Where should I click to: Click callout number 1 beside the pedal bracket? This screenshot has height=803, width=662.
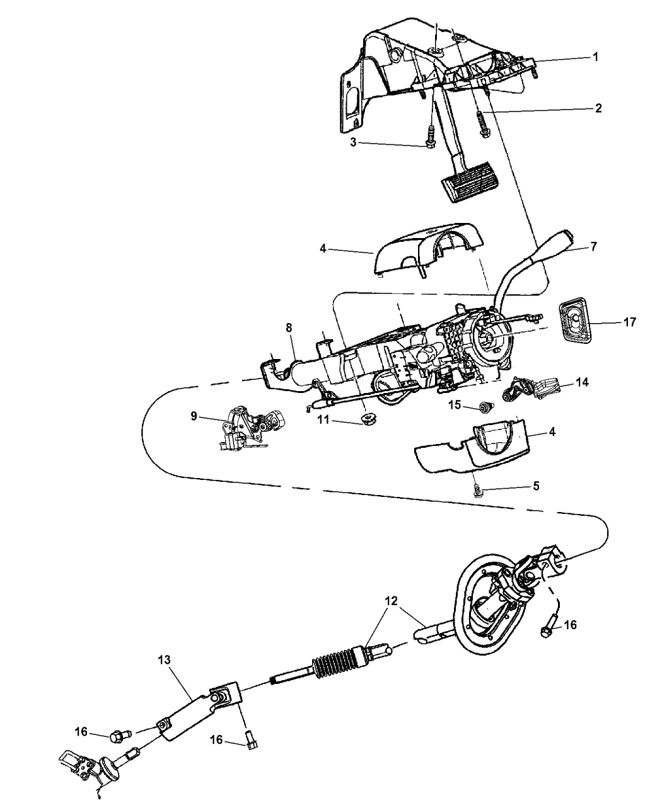pos(595,57)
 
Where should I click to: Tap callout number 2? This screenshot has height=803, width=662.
pos(598,108)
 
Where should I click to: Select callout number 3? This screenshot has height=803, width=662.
pos(353,143)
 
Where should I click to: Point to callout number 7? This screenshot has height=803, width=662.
pos(593,246)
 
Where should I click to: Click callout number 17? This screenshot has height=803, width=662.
pos(630,322)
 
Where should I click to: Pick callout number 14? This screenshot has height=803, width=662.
pos(583,382)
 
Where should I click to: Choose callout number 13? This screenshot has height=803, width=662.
pos(164,660)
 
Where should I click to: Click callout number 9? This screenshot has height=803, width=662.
pos(194,416)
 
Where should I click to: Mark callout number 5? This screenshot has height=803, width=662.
pos(536,486)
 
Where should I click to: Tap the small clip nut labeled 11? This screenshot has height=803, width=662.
pos(369,418)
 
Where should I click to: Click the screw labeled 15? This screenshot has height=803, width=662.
pos(484,407)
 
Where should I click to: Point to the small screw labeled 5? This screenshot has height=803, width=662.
pos(477,490)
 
